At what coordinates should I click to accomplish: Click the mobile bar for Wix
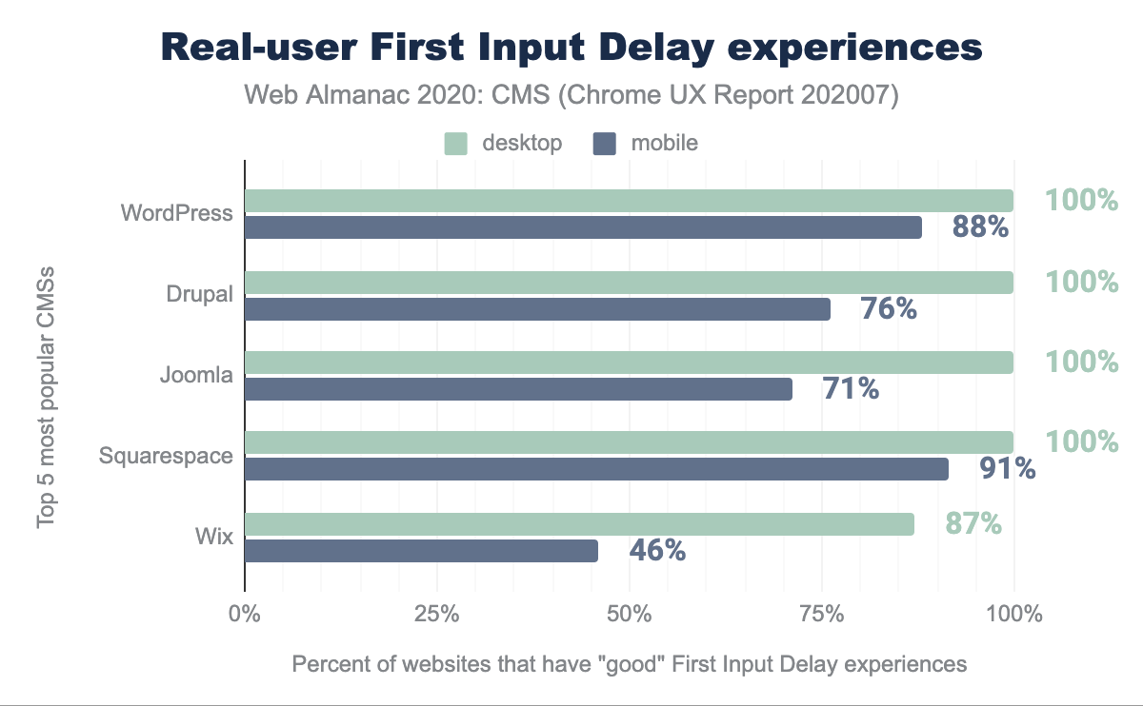[x=421, y=551]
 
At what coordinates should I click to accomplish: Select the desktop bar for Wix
[x=579, y=524]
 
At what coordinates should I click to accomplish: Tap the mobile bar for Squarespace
[x=596, y=469]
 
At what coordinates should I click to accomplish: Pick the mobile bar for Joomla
[x=518, y=388]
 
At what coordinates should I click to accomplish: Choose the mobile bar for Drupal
[x=537, y=309]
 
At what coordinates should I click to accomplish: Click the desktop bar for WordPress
[x=629, y=200]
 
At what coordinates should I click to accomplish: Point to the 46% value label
[x=657, y=550]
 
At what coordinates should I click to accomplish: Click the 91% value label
[x=1008, y=468]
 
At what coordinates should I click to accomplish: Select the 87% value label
[x=973, y=523]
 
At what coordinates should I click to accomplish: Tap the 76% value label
[x=888, y=308]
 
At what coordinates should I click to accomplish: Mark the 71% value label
[x=850, y=387]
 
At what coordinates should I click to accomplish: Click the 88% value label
[x=980, y=227]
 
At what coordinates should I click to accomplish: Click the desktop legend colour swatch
[x=456, y=144]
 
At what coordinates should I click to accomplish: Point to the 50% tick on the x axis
[x=629, y=614]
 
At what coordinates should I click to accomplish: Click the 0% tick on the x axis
[x=245, y=614]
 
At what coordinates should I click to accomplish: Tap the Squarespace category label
[x=166, y=456]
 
